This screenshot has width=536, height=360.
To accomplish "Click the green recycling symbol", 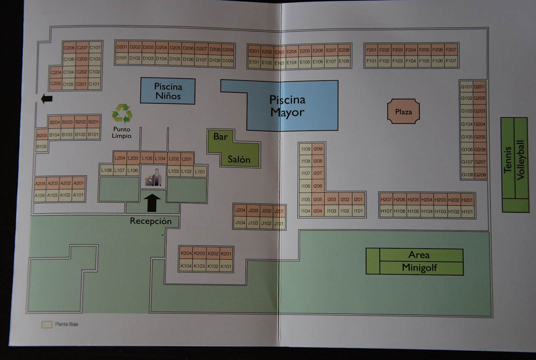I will pos(122,114).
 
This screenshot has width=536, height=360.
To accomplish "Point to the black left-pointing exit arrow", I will pos(46,98).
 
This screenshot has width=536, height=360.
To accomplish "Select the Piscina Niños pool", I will pos(168,91).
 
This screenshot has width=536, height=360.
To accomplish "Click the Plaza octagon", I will pos(403,112).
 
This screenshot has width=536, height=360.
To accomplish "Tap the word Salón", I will pos(239,159).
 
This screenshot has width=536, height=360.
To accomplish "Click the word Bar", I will pos(220,136).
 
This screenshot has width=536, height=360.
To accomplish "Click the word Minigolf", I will pos(419,268).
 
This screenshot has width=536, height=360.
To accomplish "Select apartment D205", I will pos(175,48).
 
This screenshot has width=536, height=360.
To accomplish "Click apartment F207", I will pos(451,50).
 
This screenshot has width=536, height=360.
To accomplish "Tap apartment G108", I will pos(467,174).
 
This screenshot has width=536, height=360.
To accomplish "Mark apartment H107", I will pos(386,211).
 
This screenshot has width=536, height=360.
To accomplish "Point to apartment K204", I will pos(186,253).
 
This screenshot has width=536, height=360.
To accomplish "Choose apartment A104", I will pos(40,195).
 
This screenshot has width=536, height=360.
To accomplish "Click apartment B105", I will pos(42,147).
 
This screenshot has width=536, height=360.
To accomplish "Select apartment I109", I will pos(305,149).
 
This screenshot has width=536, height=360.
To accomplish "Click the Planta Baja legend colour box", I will pos(47,324).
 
